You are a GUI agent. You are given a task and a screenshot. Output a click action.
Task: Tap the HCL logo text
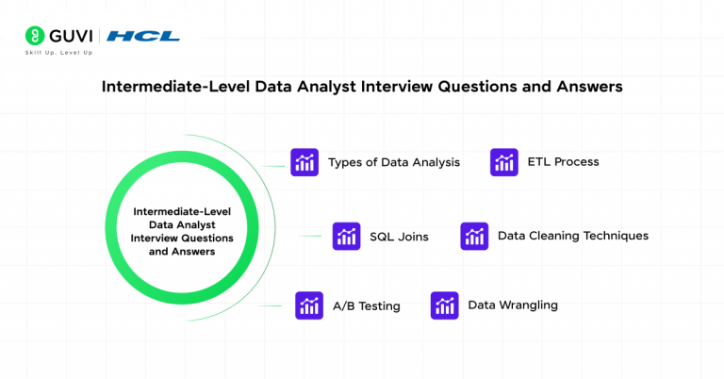point(143,37)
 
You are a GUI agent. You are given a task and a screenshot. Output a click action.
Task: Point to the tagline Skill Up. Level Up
point(63,53)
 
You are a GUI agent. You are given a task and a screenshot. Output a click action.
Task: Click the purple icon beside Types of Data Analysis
point(304,162)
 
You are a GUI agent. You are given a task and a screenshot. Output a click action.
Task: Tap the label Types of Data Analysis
point(393,162)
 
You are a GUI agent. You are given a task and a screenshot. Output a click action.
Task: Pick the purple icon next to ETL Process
point(504,162)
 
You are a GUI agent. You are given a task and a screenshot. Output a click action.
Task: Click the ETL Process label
point(563,162)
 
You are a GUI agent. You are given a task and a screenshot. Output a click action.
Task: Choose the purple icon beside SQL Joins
point(346,236)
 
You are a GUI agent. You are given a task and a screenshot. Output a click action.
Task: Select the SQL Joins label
point(399,237)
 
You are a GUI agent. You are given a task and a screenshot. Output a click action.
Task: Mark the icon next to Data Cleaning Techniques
point(474,236)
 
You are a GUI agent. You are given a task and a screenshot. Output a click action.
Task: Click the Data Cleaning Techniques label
point(572,236)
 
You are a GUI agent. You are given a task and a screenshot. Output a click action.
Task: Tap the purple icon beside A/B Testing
point(309,305)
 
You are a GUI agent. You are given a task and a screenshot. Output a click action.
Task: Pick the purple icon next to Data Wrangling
point(445,305)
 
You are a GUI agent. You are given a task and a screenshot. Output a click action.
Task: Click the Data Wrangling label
point(513,305)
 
